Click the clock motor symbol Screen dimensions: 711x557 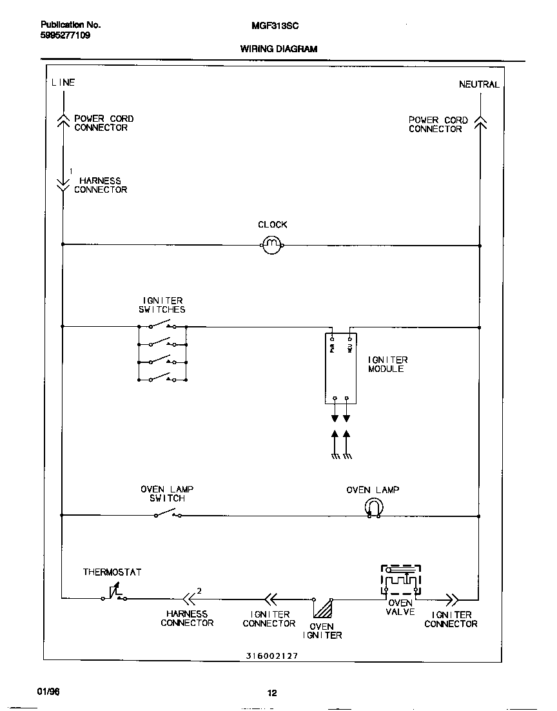[x=273, y=244]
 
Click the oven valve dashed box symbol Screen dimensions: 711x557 [x=401, y=581]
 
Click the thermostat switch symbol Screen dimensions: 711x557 [x=114, y=594]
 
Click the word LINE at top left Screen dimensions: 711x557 [x=63, y=83]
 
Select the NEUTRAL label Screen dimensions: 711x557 [x=478, y=84]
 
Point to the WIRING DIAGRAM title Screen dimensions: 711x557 [x=278, y=49]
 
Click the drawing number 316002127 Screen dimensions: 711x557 [x=271, y=656]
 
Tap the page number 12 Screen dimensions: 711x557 [x=272, y=693]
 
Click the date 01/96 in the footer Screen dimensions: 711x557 [x=48, y=690]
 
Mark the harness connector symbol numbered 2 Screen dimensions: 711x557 [x=189, y=598]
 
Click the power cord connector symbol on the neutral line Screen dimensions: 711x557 [x=480, y=122]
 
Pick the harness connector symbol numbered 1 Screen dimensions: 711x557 [x=63, y=184]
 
